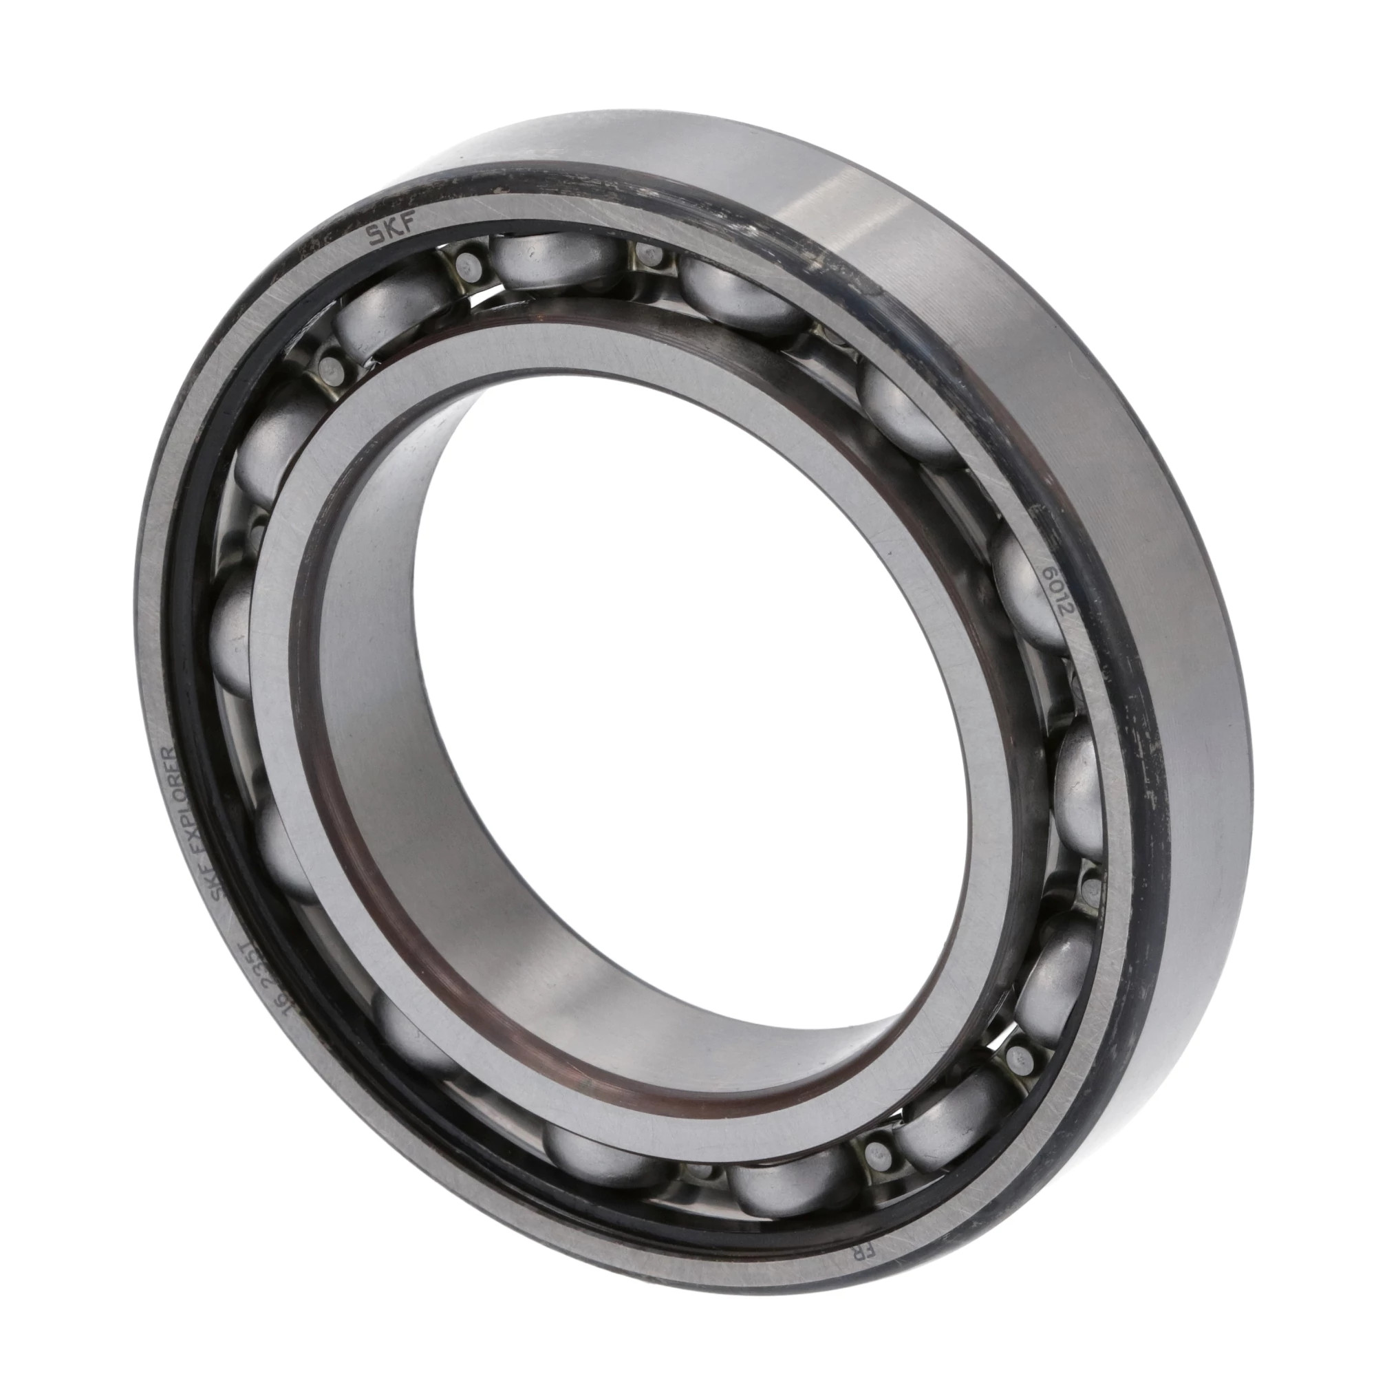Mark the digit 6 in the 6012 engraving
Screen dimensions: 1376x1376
1049,573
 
